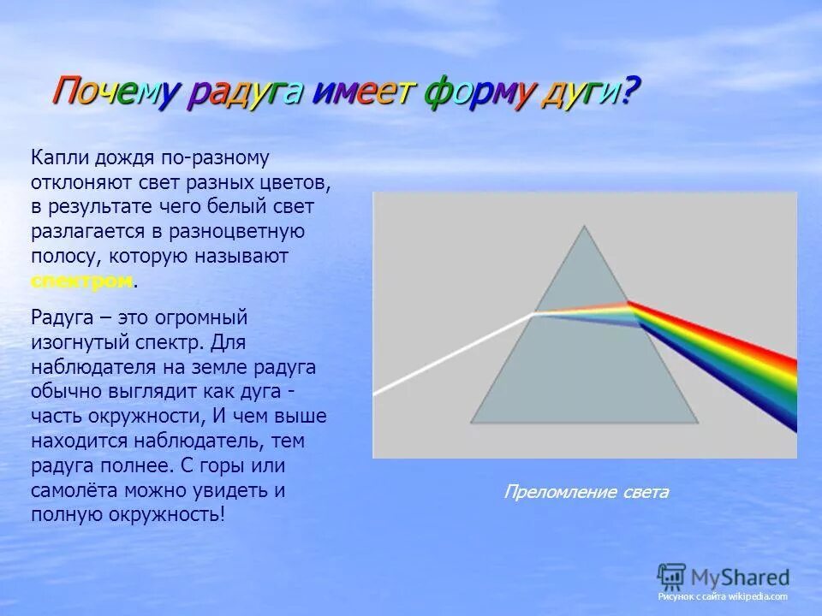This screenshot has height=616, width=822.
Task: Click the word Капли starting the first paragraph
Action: [x=56, y=158]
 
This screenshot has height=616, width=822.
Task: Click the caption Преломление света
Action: [x=586, y=492]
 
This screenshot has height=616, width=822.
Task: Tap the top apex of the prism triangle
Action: [x=585, y=227]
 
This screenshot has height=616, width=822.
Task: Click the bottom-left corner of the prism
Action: [x=472, y=422]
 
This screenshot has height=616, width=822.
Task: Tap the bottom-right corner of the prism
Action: [x=697, y=422]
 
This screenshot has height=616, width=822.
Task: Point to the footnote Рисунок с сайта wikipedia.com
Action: [x=722, y=596]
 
